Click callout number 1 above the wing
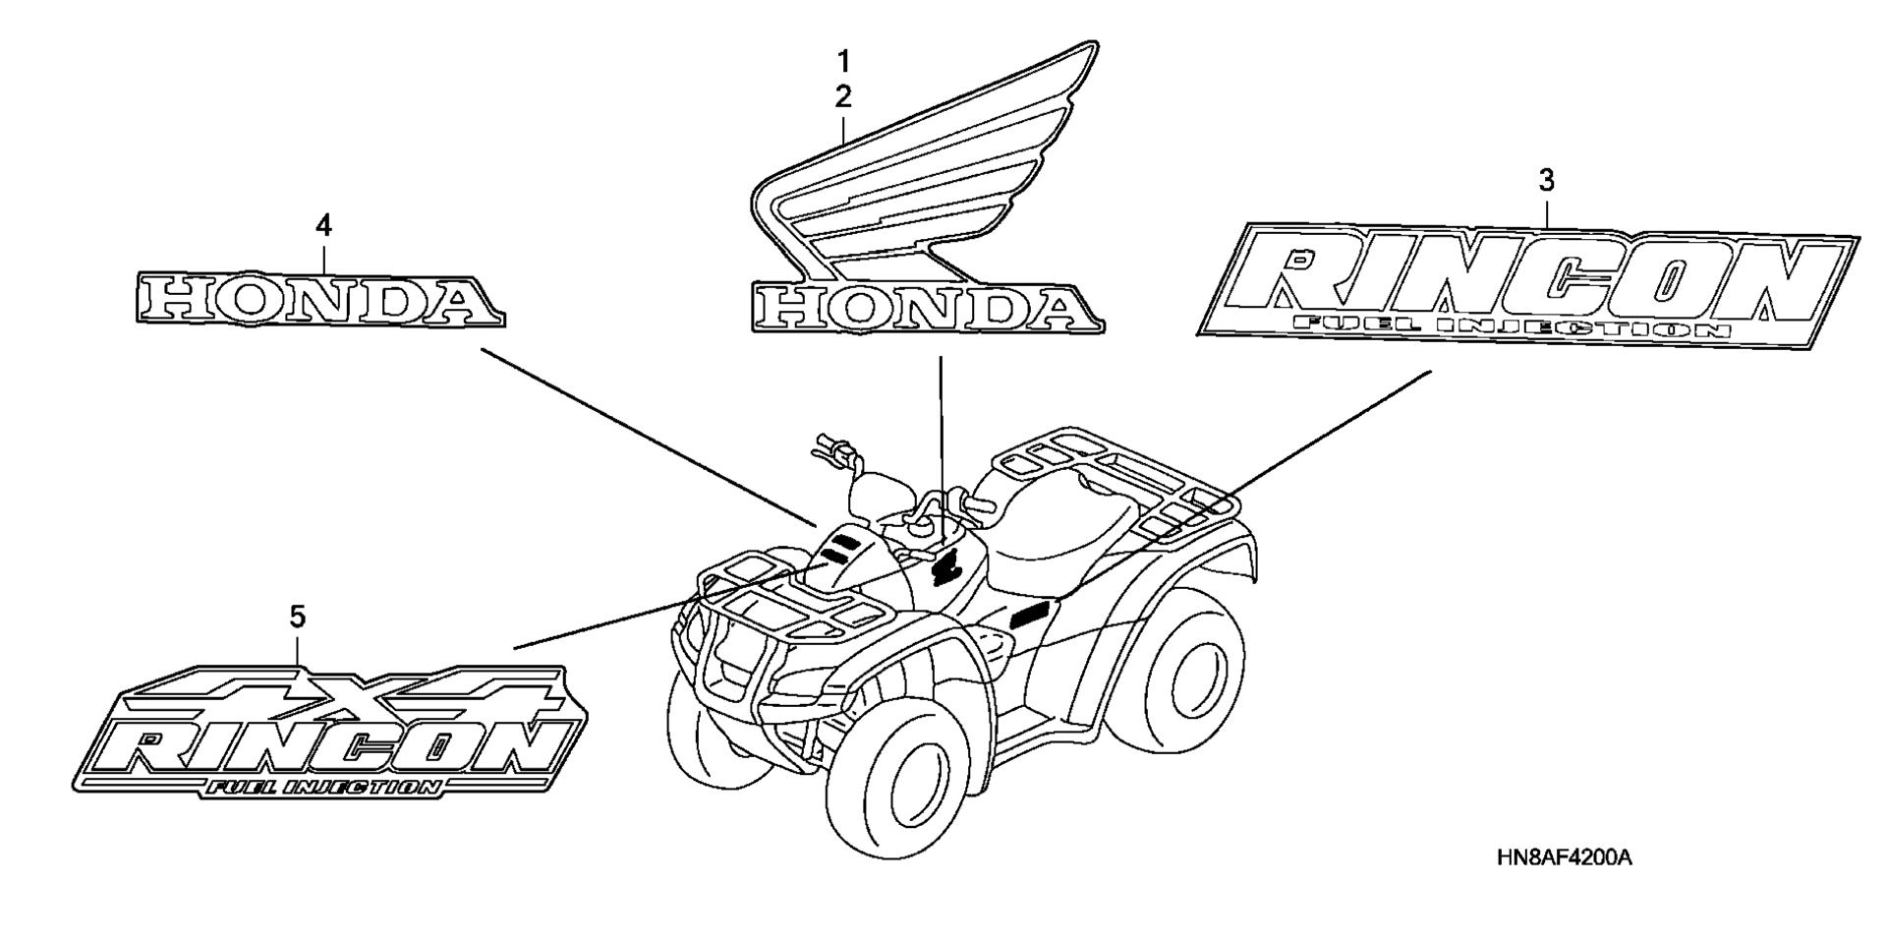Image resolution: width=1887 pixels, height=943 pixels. (842, 62)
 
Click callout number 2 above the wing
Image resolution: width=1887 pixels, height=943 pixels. (843, 96)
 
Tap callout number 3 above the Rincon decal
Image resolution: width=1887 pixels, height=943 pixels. (1546, 180)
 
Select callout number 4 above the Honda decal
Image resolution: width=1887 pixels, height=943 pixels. (323, 226)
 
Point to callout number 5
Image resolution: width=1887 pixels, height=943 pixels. (297, 618)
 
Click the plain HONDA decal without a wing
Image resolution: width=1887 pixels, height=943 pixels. (319, 299)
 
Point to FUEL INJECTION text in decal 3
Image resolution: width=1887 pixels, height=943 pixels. (1510, 326)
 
